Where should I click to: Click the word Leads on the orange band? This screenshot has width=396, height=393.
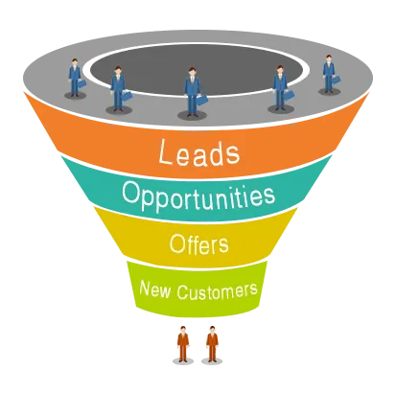pyautogui.click(x=198, y=152)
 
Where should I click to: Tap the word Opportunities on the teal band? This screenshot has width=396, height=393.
pyautogui.click(x=198, y=196)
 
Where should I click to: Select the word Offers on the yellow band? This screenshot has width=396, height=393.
pyautogui.click(x=198, y=244)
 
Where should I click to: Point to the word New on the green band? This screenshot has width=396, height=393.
pyautogui.click(x=155, y=289)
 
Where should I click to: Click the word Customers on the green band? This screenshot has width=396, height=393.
pyautogui.click(x=218, y=291)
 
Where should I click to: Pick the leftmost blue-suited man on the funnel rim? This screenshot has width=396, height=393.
pyautogui.click(x=75, y=78)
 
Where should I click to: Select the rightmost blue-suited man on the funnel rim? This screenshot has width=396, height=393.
pyautogui.click(x=329, y=74)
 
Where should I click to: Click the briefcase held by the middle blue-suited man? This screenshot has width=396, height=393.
pyautogui.click(x=201, y=100)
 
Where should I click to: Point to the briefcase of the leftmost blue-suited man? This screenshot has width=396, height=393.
pyautogui.click(x=82, y=83)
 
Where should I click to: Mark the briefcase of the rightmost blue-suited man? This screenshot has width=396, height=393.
pyautogui.click(x=336, y=80)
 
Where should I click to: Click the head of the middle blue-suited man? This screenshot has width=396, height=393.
pyautogui.click(x=192, y=72)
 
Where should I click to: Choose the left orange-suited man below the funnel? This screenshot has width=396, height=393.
pyautogui.click(x=183, y=344)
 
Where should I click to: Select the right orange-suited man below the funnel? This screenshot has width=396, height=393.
pyautogui.click(x=212, y=344)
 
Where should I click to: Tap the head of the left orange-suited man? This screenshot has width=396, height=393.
pyautogui.click(x=183, y=330)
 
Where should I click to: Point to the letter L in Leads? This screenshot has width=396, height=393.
pyautogui.click(x=166, y=152)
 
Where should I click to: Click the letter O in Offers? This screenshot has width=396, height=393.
pyautogui.click(x=175, y=244)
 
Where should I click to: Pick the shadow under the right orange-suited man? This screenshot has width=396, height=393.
pyautogui.click(x=212, y=361)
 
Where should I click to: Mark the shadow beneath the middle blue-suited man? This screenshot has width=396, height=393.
pyautogui.click(x=192, y=115)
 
